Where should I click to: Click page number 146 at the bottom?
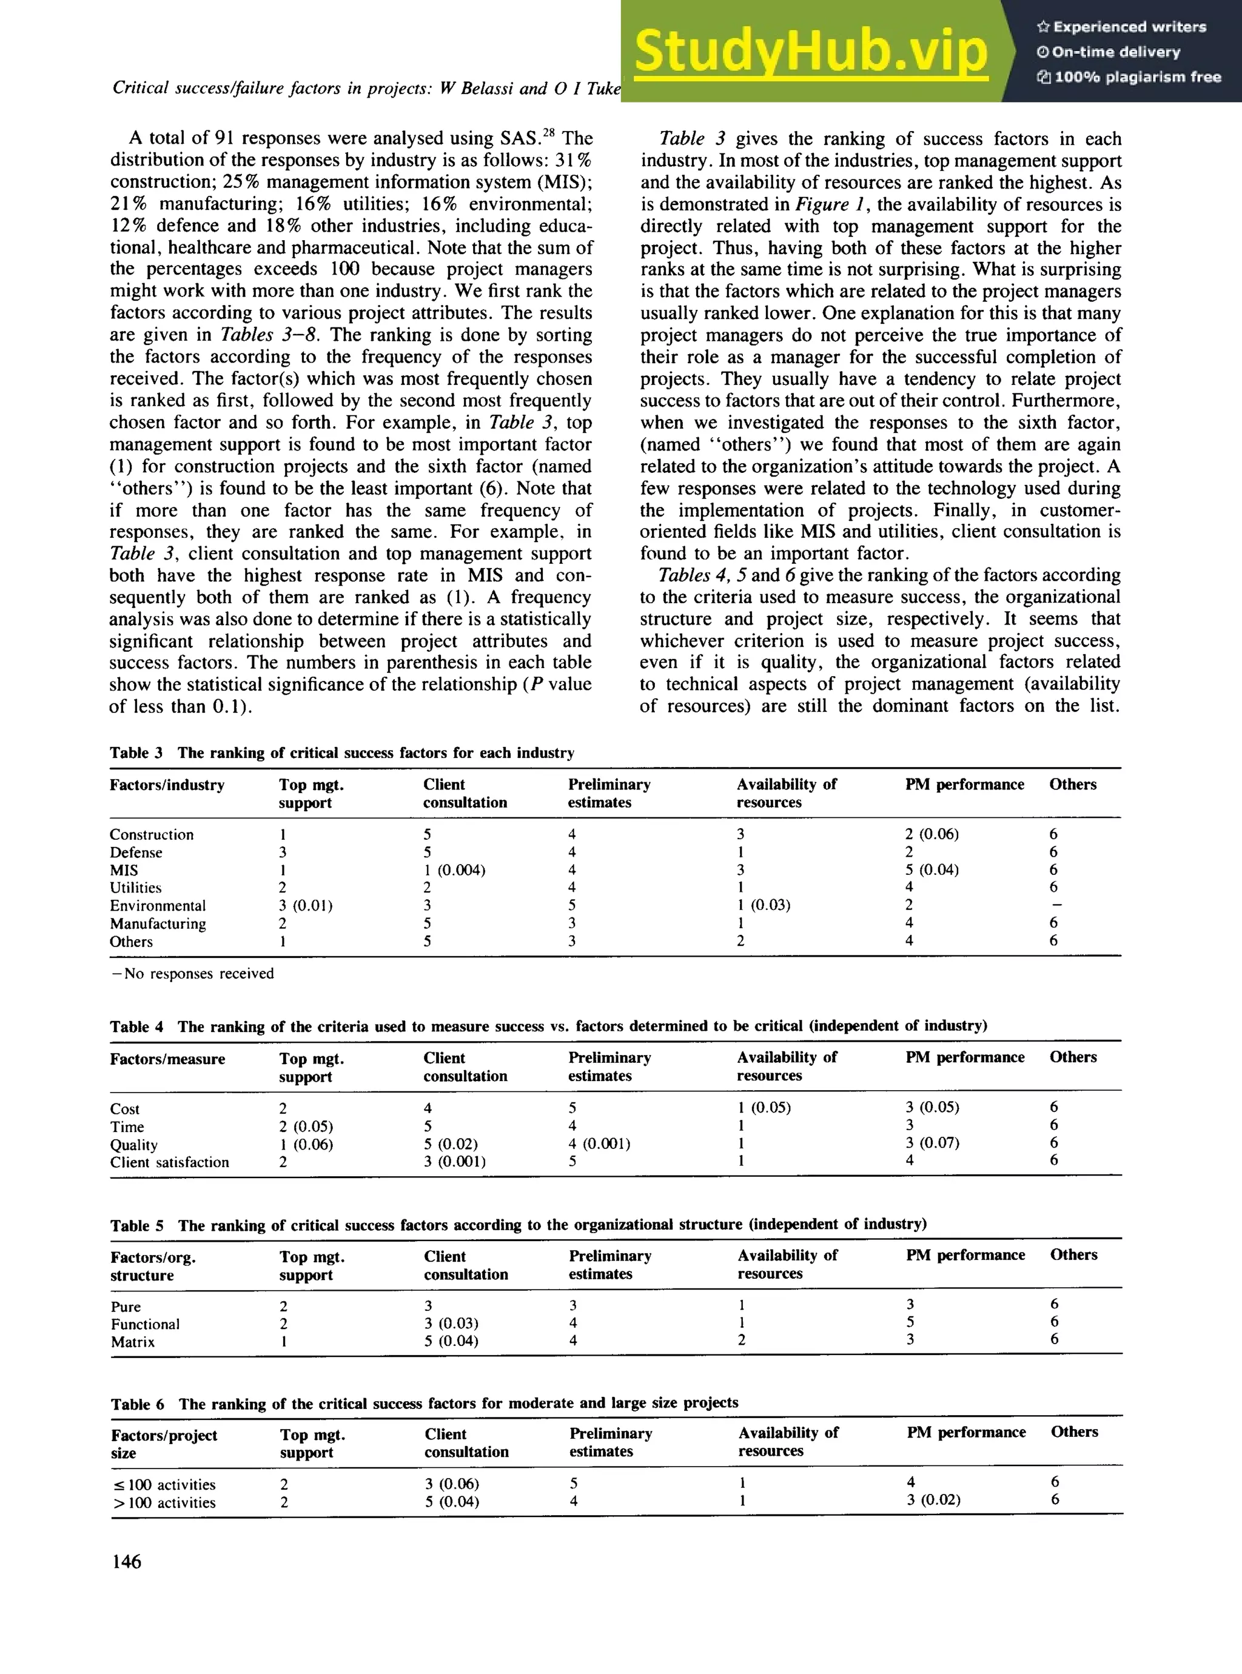pyautogui.click(x=126, y=1561)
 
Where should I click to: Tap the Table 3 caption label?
pyautogui.click(x=136, y=752)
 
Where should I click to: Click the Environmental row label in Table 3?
pyautogui.click(x=157, y=906)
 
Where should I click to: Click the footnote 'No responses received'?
pyautogui.click(x=192, y=974)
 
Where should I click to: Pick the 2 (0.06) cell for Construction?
pyautogui.click(x=931, y=834)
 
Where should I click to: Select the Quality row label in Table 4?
pyautogui.click(x=134, y=1145)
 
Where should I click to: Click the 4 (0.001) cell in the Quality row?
pyautogui.click(x=599, y=1143)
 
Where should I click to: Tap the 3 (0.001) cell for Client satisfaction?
pyautogui.click(x=454, y=1161)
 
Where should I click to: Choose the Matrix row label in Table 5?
pyautogui.click(x=132, y=1342)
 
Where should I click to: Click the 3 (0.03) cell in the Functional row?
pyautogui.click(x=451, y=1323)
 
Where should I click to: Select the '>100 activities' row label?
pyautogui.click(x=163, y=1502)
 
